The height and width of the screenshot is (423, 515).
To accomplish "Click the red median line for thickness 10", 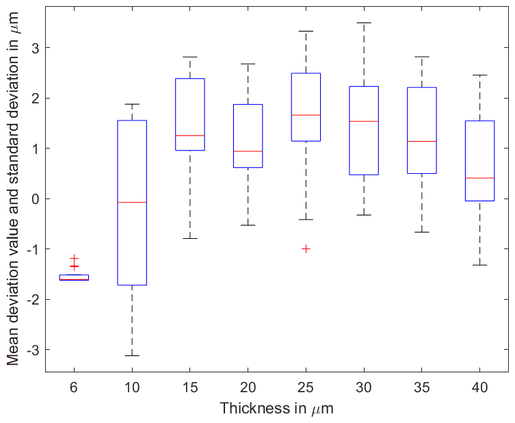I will coord(132,203).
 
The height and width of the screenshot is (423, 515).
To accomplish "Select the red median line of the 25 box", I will coord(306,115).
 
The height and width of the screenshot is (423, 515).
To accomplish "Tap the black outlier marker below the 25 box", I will coord(306,248).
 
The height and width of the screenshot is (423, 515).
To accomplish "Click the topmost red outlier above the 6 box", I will coord(75,257).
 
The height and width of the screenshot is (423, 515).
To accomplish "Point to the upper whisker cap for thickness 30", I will coord(364,23).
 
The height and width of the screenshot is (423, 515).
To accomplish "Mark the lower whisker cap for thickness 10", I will coord(132,355).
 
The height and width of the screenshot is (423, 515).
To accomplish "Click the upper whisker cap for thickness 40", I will coord(479,75).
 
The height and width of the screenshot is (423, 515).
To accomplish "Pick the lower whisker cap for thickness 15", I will coord(190,238).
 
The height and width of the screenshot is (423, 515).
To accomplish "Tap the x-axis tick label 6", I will coord(74,387).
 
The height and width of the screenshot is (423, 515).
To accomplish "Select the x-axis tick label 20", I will coord(248,387).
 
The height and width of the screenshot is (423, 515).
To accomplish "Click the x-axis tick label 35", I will coord(421,387).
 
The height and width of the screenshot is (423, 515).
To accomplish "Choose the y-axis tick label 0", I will coord(36,198).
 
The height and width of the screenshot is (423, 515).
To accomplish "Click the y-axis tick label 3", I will coord(36,48).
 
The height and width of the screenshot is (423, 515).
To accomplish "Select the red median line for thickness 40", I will coord(479,178).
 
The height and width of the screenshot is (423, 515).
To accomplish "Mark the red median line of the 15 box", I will coord(190,136).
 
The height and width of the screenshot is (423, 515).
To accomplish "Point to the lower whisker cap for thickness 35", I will coord(421,232).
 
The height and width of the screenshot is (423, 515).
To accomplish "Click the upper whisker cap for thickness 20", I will coord(248,64).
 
